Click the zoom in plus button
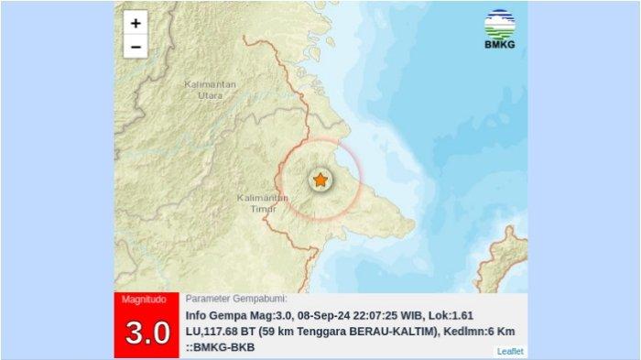pos(136,24)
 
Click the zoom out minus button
pos(136,47)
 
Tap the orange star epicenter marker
pos(320,180)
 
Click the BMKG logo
pos(499,29)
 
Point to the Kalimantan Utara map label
pos(210,89)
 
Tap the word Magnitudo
pos(146,300)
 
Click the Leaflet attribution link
pos(510,351)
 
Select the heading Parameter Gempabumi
pos(236,299)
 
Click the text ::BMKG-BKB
pos(220,347)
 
